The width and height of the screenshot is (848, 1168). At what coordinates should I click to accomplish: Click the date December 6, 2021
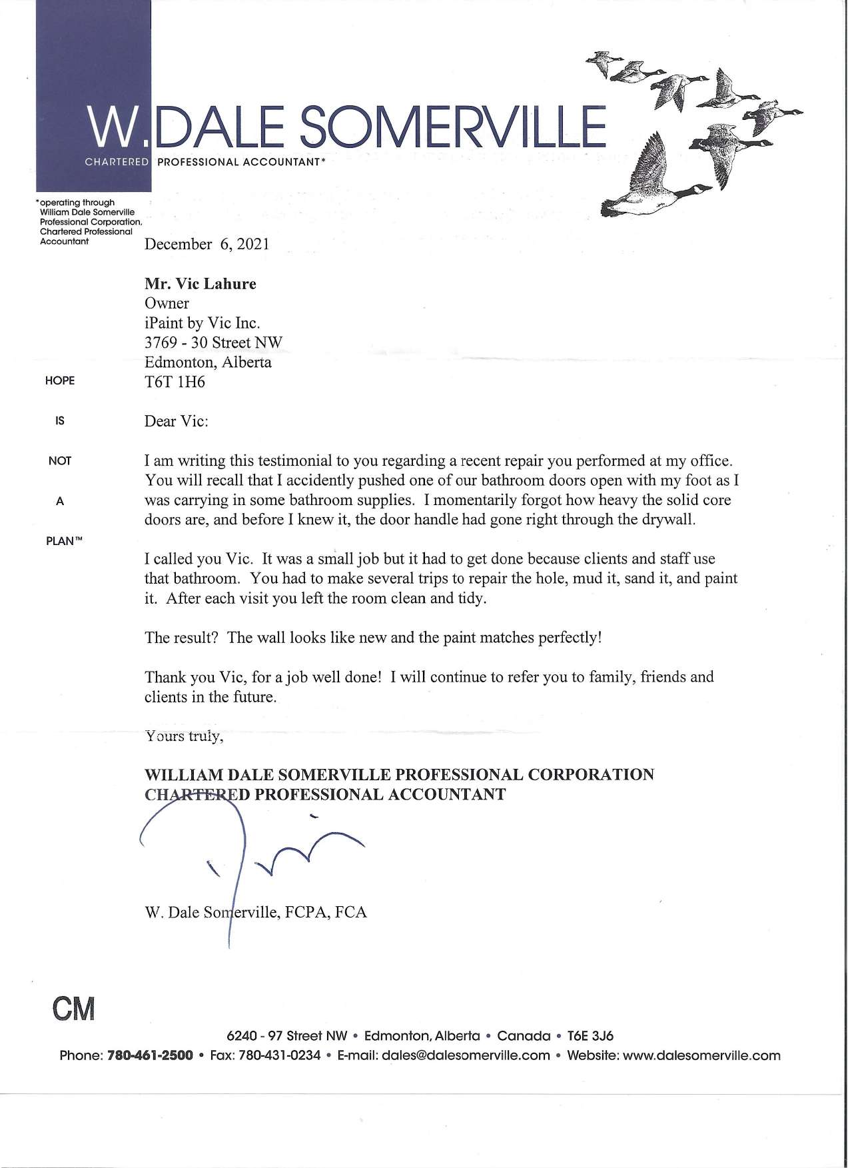pos(207,244)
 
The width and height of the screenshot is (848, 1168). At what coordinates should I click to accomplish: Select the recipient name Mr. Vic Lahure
pos(200,284)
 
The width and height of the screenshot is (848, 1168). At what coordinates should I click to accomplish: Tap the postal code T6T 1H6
pos(175,382)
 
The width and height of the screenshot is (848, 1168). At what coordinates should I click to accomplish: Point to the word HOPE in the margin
pos(60,381)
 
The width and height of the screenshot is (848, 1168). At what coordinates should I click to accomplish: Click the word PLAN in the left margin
pos(62,541)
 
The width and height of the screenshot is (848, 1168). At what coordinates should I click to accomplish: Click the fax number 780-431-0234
pos(279,1056)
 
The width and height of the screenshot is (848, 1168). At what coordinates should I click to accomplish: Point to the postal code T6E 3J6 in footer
pos(590,1036)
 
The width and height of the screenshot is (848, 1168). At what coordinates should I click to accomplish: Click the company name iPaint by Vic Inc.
pos(203,323)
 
